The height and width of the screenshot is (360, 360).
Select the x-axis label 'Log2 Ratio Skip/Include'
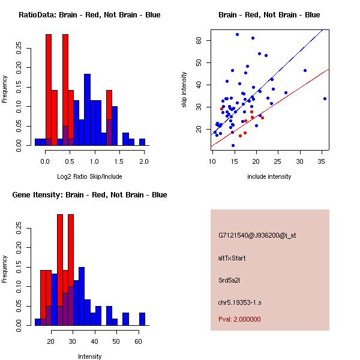(89, 176)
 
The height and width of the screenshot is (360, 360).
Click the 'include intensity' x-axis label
(269, 176)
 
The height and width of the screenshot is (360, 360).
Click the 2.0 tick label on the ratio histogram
(143, 162)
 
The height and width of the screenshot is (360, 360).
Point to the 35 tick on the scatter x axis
(322, 162)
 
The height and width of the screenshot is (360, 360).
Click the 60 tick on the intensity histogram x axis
(138, 342)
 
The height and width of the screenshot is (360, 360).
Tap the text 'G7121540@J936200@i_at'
(257, 235)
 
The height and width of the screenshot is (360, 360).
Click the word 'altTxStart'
(232, 258)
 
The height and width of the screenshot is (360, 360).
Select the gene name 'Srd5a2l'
(230, 280)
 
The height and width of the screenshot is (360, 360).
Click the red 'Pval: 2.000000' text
(239, 319)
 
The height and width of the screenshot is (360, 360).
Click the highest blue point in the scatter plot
(237, 35)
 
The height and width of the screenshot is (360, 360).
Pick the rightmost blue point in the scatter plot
(325, 98)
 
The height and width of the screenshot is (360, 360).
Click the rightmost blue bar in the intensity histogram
(142, 319)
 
